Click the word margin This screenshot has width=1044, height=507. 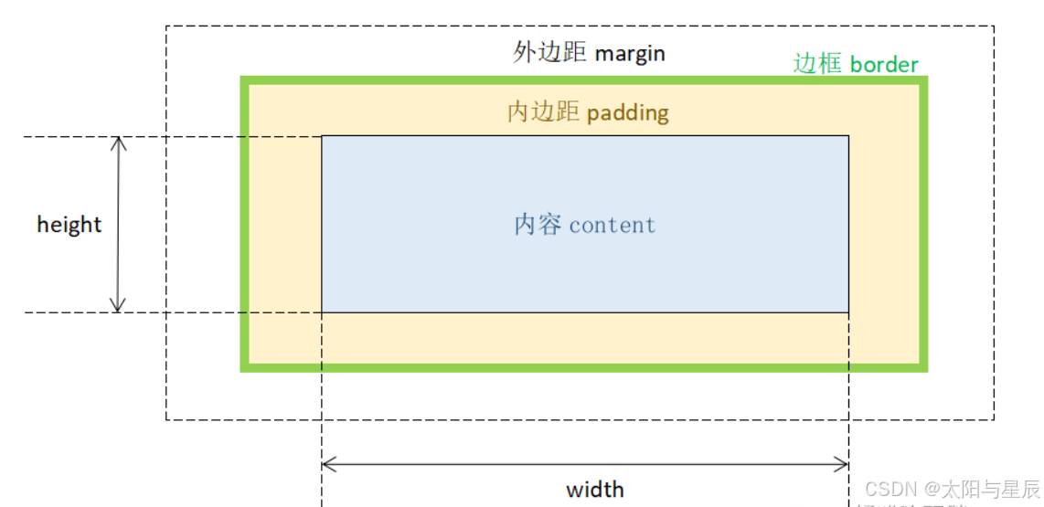click(x=630, y=53)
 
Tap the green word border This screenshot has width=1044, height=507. click(x=884, y=64)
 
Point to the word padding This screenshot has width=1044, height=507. click(x=628, y=112)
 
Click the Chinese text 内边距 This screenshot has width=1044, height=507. click(x=543, y=111)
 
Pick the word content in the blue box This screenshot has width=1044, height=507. click(x=613, y=225)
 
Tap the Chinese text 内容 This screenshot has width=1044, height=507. click(x=538, y=225)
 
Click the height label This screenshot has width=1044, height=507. click(x=69, y=224)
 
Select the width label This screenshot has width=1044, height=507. click(x=595, y=489)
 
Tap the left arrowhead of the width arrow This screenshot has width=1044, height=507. click(x=326, y=464)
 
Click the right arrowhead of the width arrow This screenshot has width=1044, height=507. click(x=845, y=464)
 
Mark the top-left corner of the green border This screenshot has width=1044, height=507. click(x=243, y=79)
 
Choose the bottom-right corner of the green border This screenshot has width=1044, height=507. click(x=925, y=369)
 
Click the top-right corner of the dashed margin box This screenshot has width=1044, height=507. click(x=995, y=26)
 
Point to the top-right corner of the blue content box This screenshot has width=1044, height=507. click(x=848, y=136)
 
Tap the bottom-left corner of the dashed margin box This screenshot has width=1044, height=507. click(x=166, y=420)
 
